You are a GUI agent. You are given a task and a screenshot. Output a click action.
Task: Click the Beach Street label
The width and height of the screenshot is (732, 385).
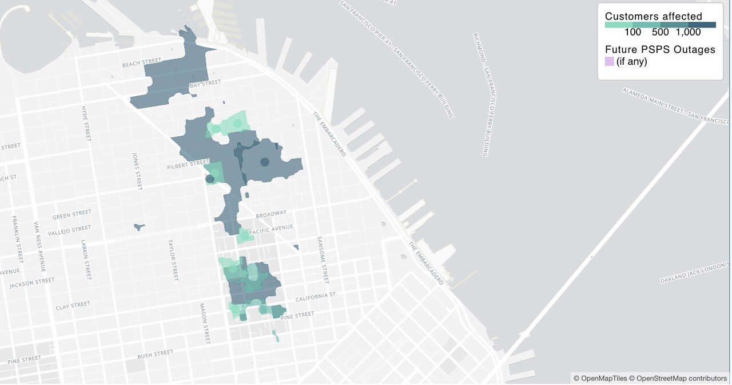[142, 62]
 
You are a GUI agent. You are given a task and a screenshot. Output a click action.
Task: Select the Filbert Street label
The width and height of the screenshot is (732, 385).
[189, 165]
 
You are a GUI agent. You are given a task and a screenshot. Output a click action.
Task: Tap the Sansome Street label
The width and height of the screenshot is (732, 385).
[323, 261]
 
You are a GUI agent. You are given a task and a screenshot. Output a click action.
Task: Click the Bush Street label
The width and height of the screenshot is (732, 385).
[155, 355]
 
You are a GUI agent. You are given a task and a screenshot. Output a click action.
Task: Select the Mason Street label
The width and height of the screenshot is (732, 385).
[204, 323]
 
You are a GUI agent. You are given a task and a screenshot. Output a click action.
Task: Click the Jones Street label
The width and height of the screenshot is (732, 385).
[137, 171]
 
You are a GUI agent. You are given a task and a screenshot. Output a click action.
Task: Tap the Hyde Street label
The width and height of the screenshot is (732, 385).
[86, 123]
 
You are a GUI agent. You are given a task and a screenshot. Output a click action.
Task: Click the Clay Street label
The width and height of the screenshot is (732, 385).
[73, 306]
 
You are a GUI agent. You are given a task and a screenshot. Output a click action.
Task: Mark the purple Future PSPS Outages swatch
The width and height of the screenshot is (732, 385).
[610, 61]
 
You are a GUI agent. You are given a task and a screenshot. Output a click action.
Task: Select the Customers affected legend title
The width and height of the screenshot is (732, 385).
[653, 17]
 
